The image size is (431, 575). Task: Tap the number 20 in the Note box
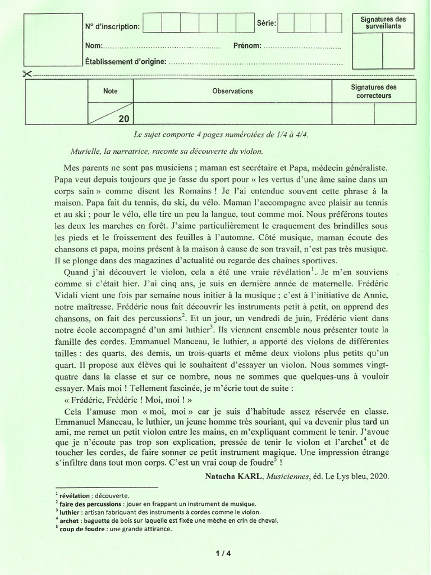(124, 118)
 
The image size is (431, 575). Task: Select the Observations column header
(232, 91)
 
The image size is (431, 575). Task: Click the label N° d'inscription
(113, 26)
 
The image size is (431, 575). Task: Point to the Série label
(266, 23)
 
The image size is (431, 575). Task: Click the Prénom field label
(247, 45)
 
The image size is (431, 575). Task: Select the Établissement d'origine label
(126, 62)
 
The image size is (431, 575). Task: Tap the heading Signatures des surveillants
(383, 23)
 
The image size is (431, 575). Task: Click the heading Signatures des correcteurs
(373, 91)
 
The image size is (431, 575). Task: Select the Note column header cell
(111, 91)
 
